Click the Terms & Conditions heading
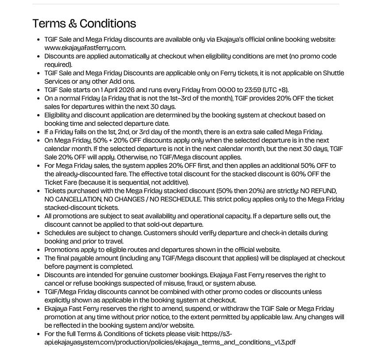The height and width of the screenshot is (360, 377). point(84,23)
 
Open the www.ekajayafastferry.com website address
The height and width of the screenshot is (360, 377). point(85,48)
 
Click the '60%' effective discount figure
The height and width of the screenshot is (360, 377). point(300,174)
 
